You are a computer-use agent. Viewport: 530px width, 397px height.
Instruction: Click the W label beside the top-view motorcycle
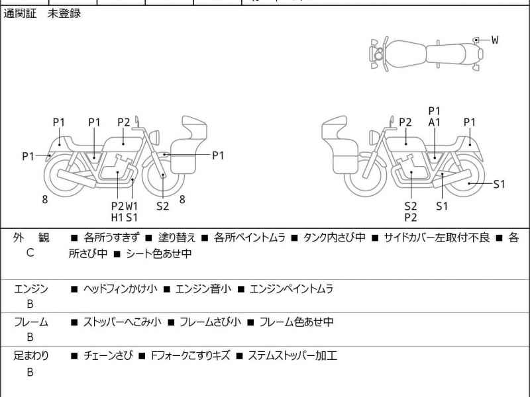click(x=494, y=40)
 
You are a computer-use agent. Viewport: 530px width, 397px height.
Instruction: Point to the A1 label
click(x=435, y=122)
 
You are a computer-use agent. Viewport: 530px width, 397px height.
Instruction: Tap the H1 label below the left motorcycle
click(x=117, y=216)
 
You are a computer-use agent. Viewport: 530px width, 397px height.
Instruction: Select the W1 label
click(x=132, y=206)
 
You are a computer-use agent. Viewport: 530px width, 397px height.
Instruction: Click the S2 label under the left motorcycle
click(x=163, y=206)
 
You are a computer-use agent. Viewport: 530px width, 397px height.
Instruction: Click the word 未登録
click(x=64, y=13)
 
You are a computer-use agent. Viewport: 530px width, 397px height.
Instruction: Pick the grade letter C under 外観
click(x=30, y=253)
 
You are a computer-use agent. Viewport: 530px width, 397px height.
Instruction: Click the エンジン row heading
click(x=30, y=289)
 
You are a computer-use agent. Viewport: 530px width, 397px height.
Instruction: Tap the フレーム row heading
click(x=30, y=322)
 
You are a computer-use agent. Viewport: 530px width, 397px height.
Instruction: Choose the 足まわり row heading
click(x=30, y=356)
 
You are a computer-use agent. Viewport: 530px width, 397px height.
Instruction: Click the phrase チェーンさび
click(x=107, y=356)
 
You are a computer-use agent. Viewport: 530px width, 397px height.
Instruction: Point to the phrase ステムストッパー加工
click(x=292, y=356)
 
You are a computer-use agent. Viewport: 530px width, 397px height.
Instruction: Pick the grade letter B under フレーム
click(x=30, y=338)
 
